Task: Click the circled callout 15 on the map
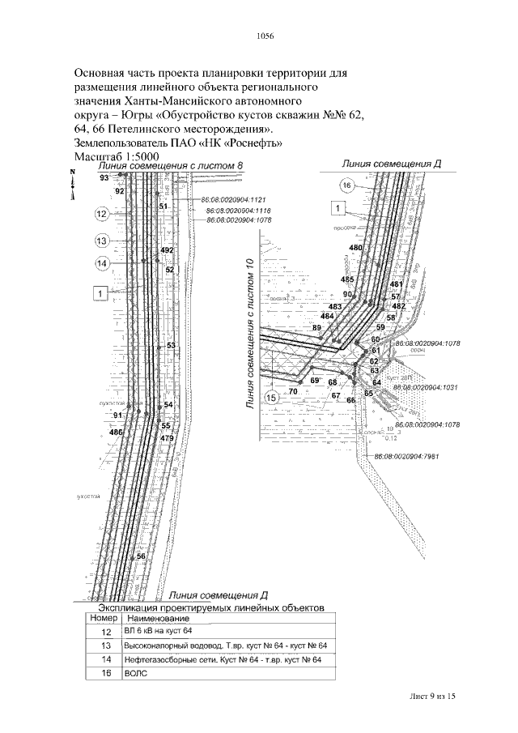point(272,398)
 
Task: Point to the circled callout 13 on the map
point(102,241)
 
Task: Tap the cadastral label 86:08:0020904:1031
point(426,388)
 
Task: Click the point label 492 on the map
point(168,250)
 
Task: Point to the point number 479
point(167,438)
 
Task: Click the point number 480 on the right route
point(355,247)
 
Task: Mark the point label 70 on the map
point(293,391)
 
